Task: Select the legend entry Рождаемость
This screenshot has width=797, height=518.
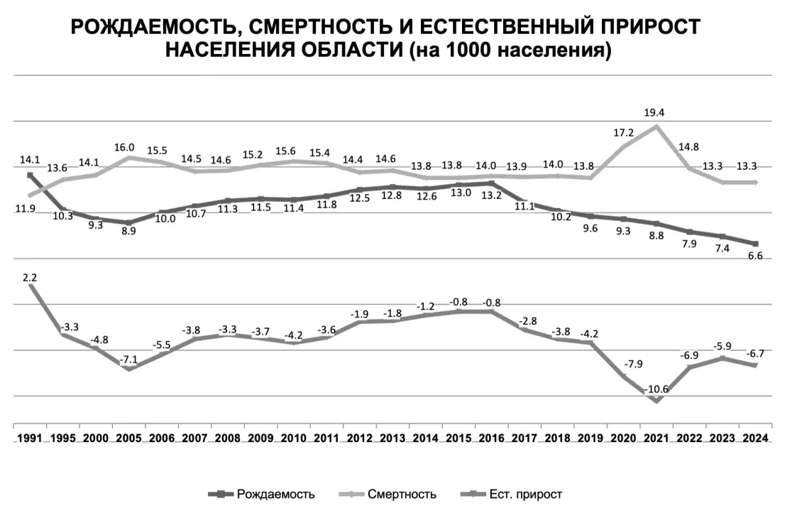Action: (275, 494)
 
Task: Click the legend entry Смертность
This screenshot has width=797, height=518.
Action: (402, 494)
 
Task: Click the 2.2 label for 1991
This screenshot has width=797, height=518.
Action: (30, 279)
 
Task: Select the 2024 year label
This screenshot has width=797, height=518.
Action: (754, 438)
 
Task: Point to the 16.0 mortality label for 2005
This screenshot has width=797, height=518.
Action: (125, 147)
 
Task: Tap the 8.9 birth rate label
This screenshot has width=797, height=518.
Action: (128, 232)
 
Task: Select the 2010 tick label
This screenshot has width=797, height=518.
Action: (293, 438)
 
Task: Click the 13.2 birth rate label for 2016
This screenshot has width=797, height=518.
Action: (491, 196)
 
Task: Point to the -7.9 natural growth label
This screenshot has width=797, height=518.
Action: (622, 365)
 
